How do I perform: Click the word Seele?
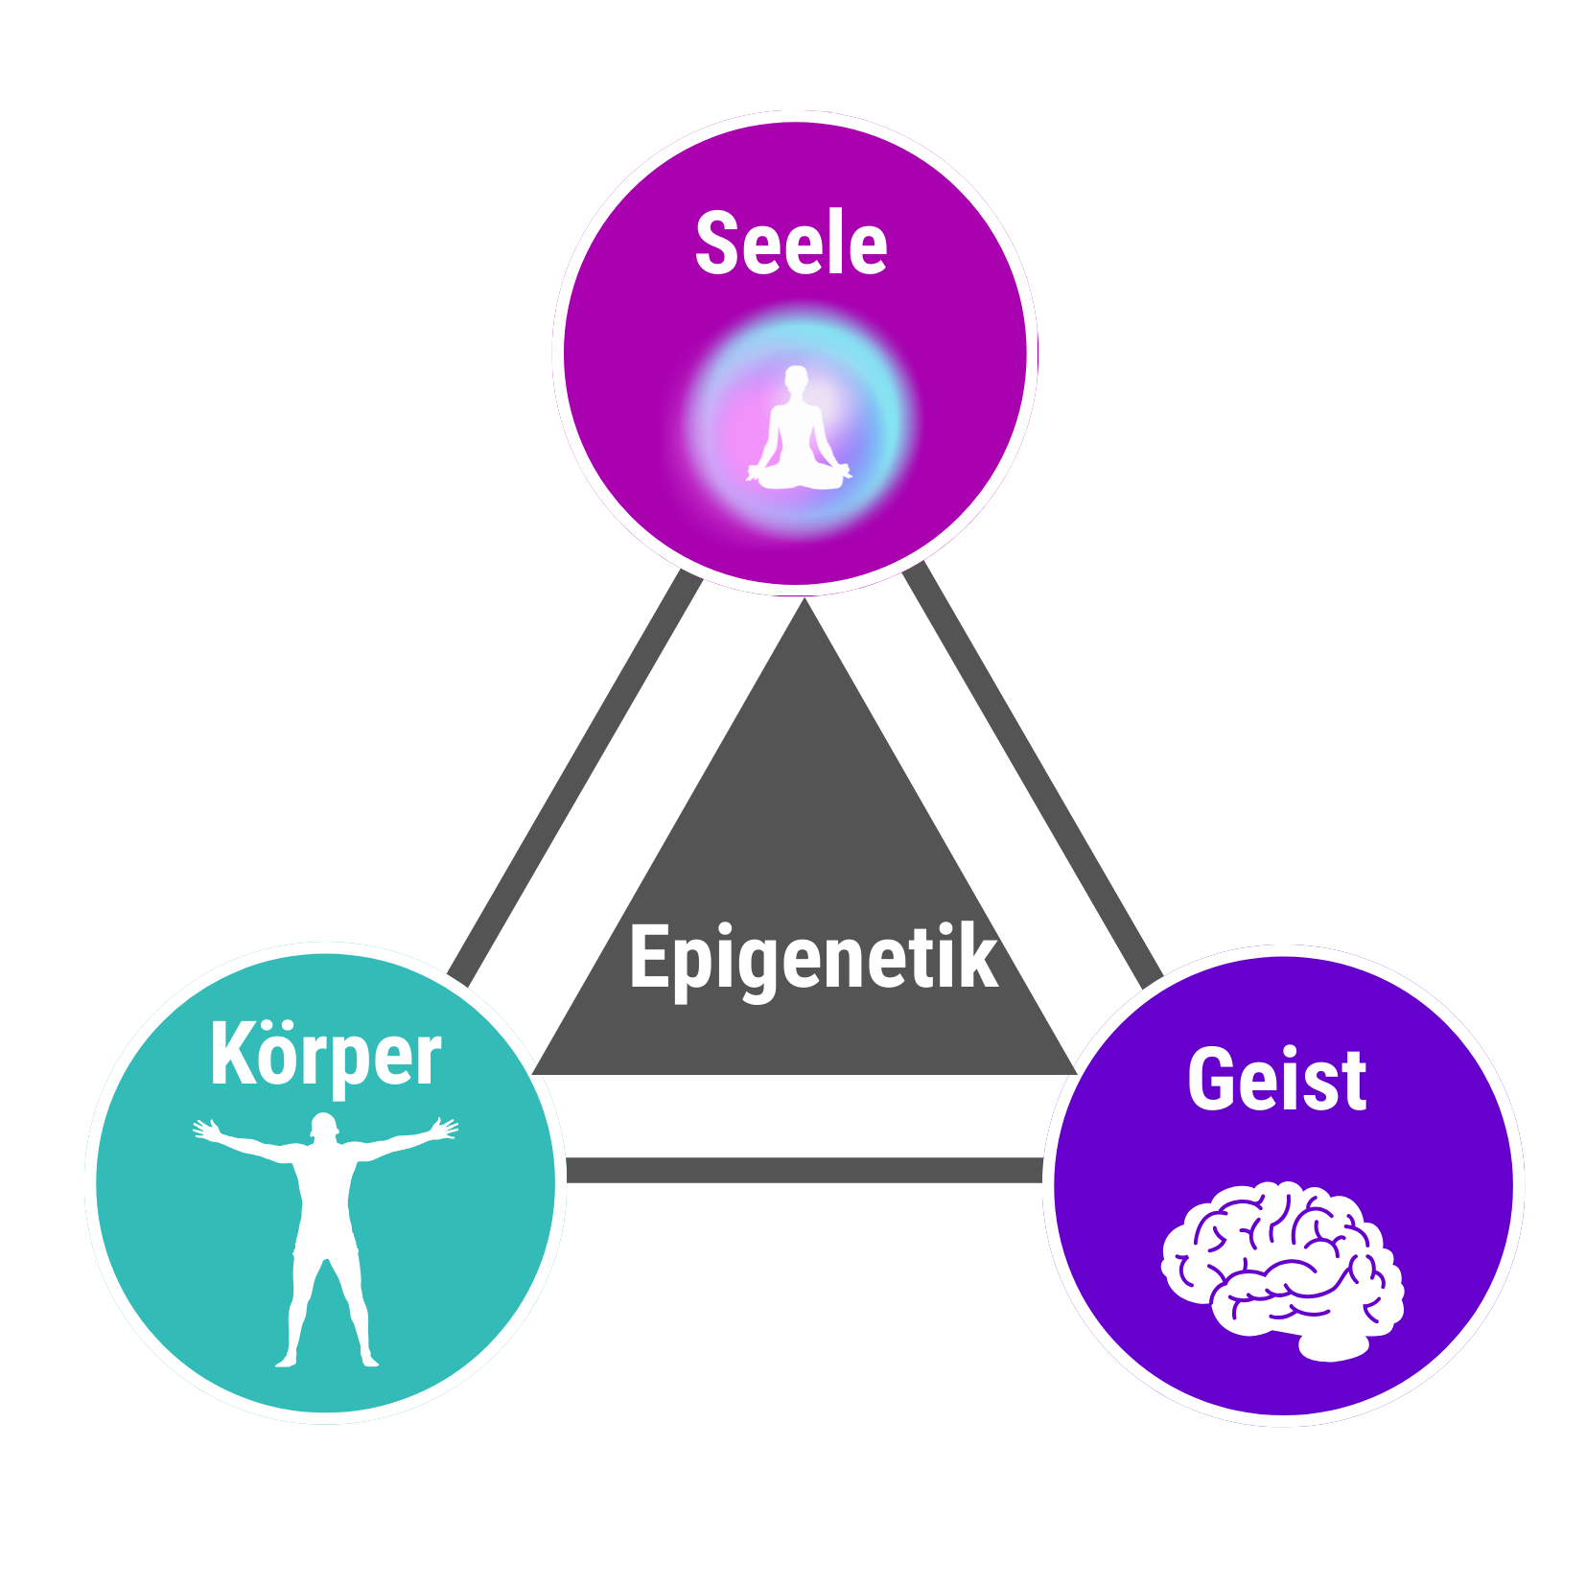(791, 244)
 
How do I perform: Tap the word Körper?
(325, 1056)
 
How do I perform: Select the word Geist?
(1276, 1081)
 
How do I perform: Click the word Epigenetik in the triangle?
(813, 957)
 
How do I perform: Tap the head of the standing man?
(324, 1126)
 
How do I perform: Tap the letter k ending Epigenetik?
(979, 956)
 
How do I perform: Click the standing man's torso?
(325, 1199)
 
